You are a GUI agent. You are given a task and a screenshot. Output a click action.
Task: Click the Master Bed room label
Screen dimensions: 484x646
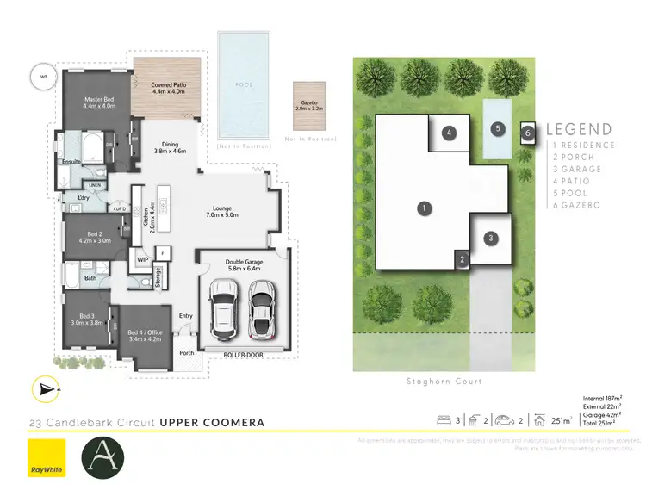99,102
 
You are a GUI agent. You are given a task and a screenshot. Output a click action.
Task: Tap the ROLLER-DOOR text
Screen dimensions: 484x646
243,354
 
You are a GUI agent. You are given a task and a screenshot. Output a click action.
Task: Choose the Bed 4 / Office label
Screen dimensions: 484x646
145,336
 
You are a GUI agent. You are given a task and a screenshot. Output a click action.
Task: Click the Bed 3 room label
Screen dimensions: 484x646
90,320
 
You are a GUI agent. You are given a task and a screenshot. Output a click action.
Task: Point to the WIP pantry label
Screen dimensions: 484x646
142,258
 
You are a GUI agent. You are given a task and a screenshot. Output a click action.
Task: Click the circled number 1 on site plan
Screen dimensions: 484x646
423,208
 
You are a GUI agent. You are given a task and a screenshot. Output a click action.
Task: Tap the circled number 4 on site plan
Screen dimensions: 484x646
449,133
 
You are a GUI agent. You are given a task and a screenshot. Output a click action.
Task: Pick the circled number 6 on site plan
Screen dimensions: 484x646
528,133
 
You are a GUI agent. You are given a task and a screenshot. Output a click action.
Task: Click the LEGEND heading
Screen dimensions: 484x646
579,130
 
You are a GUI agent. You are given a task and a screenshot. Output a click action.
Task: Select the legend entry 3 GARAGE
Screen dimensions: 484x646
580,170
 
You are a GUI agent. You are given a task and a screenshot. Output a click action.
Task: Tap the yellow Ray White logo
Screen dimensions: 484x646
47,457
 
